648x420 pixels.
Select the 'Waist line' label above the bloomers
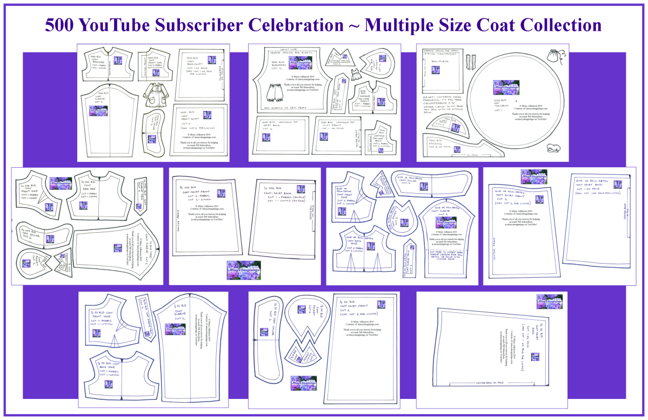coord(277,49)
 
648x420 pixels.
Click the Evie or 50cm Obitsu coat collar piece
coord(430,181)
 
